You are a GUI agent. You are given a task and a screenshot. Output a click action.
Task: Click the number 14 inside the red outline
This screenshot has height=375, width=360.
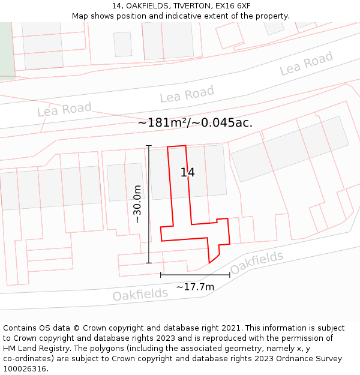pyautogui.click(x=188, y=173)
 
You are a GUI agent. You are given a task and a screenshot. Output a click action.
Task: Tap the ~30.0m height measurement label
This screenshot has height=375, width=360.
pyautogui.click(x=137, y=204)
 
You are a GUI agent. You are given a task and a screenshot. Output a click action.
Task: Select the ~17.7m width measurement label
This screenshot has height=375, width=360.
pyautogui.click(x=195, y=287)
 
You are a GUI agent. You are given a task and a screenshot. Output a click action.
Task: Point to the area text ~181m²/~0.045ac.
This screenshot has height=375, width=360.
pyautogui.click(x=195, y=122)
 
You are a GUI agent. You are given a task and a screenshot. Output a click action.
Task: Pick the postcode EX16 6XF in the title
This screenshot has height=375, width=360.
pyautogui.click(x=230, y=6)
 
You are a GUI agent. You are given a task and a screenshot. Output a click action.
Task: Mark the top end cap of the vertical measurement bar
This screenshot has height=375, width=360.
pyautogui.click(x=149, y=146)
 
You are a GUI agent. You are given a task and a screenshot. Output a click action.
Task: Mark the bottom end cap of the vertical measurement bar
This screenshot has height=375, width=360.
pyautogui.click(x=149, y=263)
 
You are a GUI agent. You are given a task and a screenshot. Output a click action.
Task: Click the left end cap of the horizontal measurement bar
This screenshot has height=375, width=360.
pyautogui.click(x=161, y=275)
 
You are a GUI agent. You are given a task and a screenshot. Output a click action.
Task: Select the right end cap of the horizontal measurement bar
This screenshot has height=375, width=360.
pyautogui.click(x=230, y=275)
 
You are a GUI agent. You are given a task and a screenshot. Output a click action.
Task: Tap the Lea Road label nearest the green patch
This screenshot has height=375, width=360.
pyautogui.click(x=64, y=109)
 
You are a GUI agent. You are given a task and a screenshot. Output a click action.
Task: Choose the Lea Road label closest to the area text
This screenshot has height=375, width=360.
pyautogui.click(x=187, y=94)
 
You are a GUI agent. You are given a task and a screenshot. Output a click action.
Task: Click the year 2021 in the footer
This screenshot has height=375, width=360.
pyautogui.click(x=230, y=328)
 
